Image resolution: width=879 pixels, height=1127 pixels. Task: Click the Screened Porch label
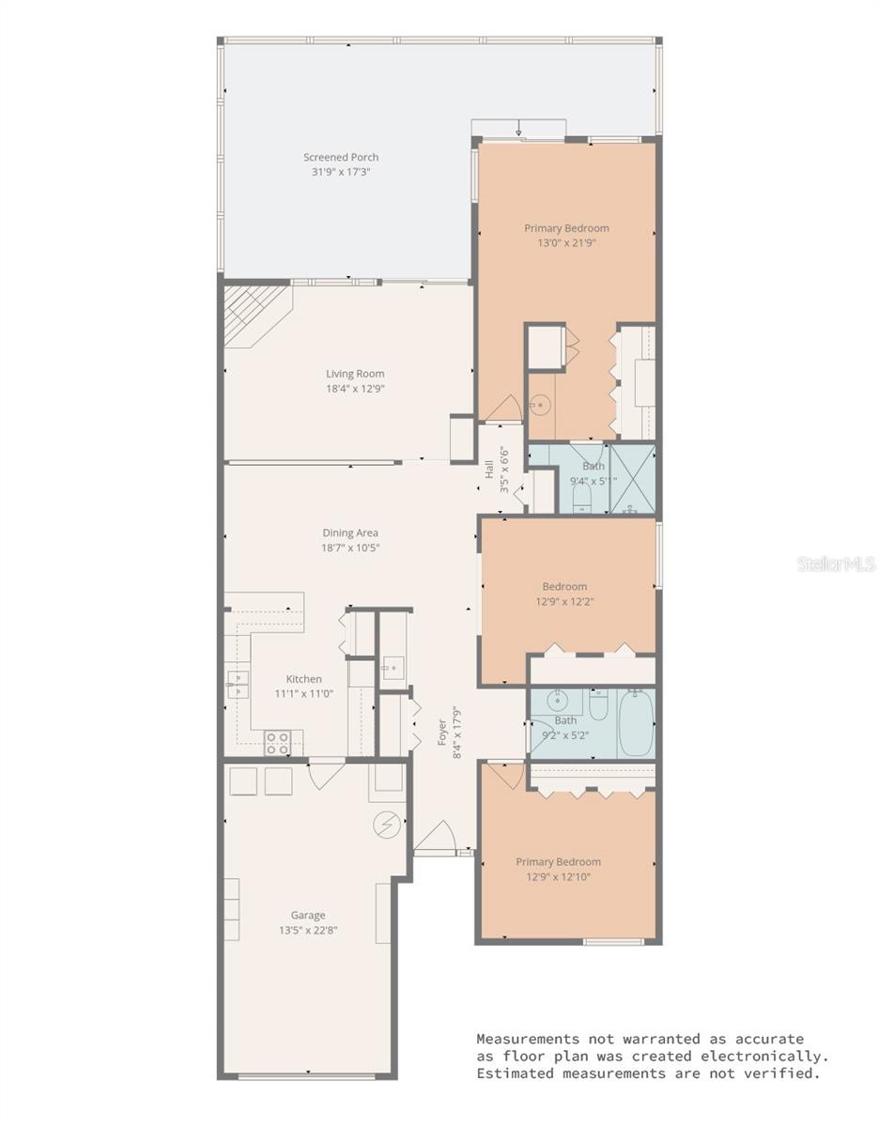341,157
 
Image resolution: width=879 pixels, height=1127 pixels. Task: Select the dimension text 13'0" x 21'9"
566,242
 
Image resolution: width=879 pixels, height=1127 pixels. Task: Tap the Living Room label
355,373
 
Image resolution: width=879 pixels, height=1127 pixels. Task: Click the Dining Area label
350,533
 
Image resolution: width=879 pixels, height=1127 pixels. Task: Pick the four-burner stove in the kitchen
277,743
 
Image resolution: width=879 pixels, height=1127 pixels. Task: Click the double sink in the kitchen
238,685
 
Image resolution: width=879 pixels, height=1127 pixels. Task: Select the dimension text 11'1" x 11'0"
303,693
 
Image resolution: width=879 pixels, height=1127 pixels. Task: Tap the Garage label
308,915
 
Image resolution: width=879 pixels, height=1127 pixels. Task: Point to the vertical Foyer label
441,733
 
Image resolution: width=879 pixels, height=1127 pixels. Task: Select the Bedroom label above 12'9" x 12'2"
564,586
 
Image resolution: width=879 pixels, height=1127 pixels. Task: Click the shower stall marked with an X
633,479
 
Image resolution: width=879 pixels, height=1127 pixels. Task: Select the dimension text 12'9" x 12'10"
558,877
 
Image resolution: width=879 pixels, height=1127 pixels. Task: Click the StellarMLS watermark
836,563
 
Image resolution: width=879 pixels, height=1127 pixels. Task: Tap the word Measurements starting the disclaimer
527,1039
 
